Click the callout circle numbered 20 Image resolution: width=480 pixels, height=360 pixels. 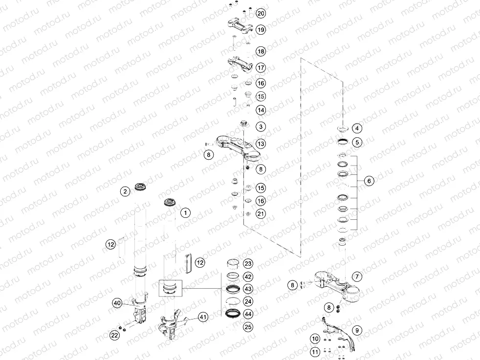(261, 14)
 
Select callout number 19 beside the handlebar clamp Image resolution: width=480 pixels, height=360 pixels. (261, 30)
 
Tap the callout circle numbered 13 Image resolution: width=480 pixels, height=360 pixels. (261, 144)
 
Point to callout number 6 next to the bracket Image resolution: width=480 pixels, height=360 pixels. (369, 181)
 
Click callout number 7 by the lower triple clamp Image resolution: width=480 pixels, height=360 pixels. (357, 277)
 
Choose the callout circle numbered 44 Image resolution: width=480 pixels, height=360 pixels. (248, 314)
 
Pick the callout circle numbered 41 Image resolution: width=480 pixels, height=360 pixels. (203, 317)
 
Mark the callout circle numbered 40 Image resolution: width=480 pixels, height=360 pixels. (117, 303)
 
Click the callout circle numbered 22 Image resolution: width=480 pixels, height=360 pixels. (114, 335)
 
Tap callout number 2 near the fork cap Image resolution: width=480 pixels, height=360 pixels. (125, 191)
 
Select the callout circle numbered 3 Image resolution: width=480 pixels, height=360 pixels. (261, 127)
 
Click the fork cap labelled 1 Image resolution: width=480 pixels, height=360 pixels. (170, 203)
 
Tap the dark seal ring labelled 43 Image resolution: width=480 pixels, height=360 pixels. (233, 289)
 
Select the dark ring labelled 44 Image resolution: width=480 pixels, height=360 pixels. (233, 313)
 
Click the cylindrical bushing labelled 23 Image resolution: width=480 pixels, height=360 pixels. (233, 263)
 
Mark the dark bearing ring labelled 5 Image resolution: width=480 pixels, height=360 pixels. (343, 142)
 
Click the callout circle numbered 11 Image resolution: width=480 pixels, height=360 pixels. (315, 352)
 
